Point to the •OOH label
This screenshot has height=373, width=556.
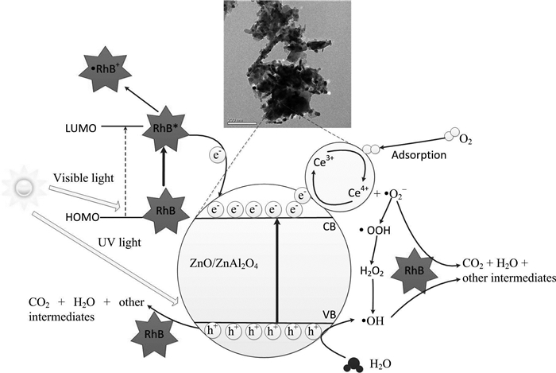(x=372, y=230)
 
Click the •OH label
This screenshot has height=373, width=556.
(x=372, y=321)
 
